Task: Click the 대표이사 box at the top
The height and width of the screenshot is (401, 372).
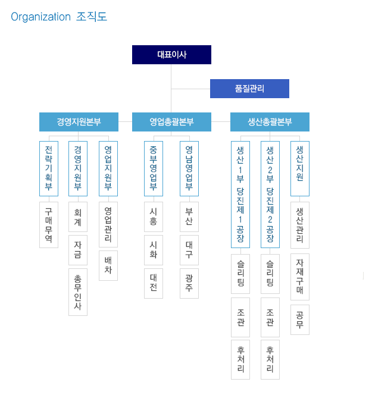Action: coord(171,55)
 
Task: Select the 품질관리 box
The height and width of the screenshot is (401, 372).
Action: coord(249,89)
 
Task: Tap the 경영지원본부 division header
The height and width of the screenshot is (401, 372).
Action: coord(79,122)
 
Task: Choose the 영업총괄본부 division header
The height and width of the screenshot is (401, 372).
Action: coord(171,122)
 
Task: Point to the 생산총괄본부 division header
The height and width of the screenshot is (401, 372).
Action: coord(270,122)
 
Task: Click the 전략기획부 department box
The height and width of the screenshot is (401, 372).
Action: coord(49,168)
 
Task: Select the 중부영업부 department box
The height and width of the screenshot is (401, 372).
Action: coord(153,168)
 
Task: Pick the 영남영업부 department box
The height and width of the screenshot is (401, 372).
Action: coord(189,168)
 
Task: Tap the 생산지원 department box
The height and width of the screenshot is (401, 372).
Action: coord(300,168)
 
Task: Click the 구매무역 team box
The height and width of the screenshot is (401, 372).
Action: coord(49,225)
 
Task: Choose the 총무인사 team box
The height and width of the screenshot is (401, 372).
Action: coord(78,292)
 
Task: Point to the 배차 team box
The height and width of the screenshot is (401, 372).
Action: coord(108,265)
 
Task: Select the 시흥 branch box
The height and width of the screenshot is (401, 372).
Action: coord(153,217)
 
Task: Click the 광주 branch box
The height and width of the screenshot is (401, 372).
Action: coord(189,283)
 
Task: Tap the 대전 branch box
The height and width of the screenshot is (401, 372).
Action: coord(153,283)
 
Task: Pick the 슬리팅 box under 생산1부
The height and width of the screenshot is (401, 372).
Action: coord(240,274)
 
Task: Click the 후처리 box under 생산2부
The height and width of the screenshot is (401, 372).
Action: coord(270,359)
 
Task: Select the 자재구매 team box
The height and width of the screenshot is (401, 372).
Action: coord(300,277)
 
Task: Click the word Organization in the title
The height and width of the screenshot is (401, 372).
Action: coord(40,17)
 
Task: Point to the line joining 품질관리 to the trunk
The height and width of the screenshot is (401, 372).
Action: coord(190,89)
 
